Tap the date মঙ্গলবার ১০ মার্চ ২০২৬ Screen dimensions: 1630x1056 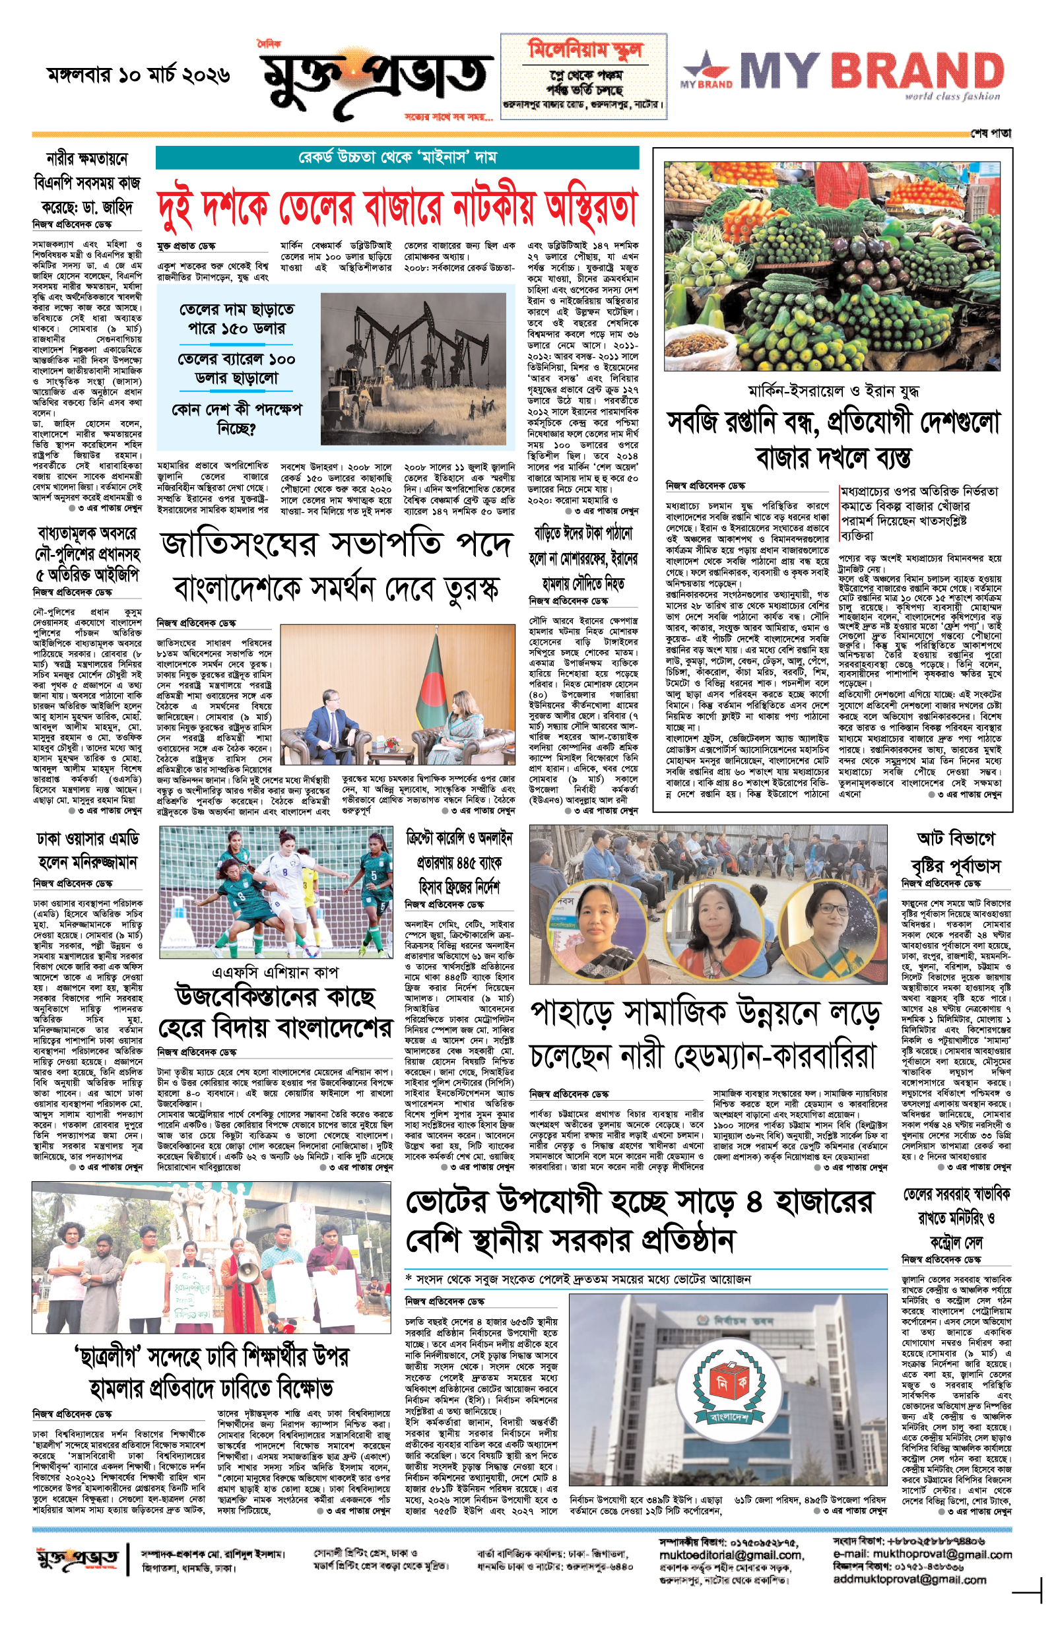coord(138,74)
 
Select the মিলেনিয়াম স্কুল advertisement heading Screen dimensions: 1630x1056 coord(584,50)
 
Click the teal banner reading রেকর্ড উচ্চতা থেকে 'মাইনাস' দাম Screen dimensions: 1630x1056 coord(397,158)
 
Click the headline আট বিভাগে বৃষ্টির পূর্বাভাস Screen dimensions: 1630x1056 coord(954,852)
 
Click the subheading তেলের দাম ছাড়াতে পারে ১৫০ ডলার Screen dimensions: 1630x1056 coord(237,319)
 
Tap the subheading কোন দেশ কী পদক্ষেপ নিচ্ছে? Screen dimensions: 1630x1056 coord(237,418)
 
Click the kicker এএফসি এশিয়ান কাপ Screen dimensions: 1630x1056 coord(275,972)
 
